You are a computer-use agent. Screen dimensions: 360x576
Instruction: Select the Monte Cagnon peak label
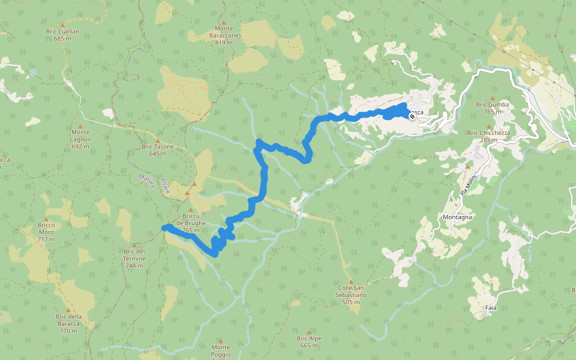coord(80,136)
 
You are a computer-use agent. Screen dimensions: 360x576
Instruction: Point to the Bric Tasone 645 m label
coord(158,149)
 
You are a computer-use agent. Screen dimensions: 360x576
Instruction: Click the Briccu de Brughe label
coord(191,220)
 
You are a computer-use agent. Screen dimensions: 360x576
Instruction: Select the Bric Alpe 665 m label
coord(309,341)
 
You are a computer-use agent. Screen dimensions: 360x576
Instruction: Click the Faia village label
coord(491,307)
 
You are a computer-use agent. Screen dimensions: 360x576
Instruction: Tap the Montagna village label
coord(457,217)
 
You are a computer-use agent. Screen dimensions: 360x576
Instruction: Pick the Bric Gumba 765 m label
coord(493,108)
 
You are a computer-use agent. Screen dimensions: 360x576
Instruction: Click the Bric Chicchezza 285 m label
coord(489,136)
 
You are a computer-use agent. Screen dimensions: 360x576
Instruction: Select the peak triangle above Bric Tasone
coord(158,140)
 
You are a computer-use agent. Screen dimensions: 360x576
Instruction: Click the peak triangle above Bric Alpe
coord(309,332)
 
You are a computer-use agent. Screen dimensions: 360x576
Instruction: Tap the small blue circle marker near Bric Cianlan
coord(33,72)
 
